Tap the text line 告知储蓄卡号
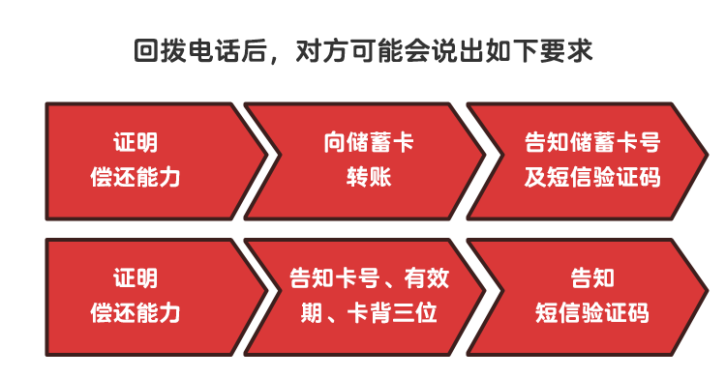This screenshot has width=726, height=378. click(591, 144)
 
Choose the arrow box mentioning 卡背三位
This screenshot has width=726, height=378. click(363, 296)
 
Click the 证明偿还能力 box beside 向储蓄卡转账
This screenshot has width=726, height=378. click(145, 160)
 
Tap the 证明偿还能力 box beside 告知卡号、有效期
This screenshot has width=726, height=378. click(145, 296)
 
